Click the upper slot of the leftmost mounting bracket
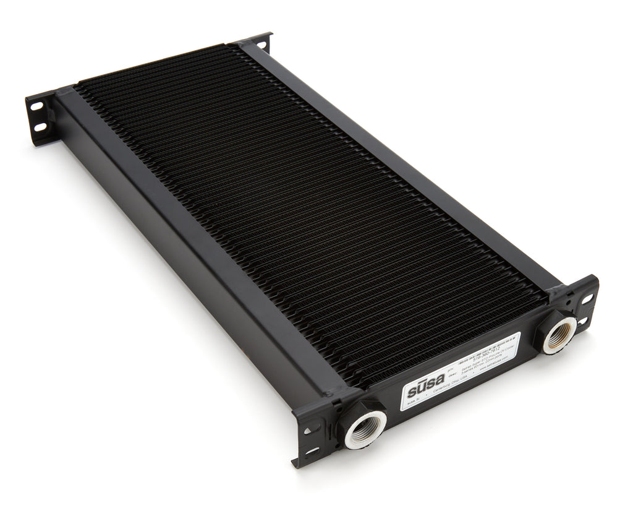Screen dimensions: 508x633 click(x=36, y=107)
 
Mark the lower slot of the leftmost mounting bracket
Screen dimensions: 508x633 click(x=40, y=127)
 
